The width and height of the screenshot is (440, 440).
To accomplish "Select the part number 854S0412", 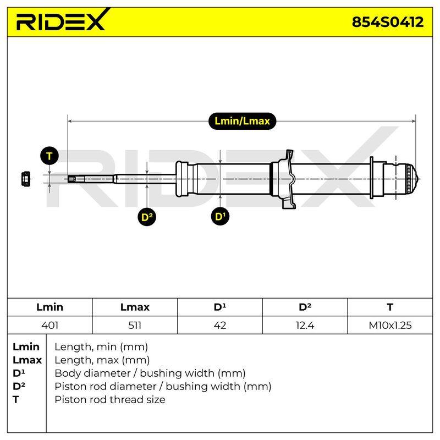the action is point(388,22).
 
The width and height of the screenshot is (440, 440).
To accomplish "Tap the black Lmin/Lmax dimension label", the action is point(242,121).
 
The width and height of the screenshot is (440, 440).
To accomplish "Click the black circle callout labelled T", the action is point(50,156).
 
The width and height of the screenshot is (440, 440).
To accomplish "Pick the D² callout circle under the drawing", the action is point(147,217).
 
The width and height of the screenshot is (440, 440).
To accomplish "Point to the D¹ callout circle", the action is point(220,216).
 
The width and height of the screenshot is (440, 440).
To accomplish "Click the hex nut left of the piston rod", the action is point(26,179).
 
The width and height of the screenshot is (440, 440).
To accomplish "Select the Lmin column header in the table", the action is point(50,307).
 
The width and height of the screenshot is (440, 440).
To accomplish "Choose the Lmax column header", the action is point(135,307).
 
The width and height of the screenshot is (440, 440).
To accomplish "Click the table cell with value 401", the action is point(50,325).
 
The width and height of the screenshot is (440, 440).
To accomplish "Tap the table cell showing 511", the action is point(135,325).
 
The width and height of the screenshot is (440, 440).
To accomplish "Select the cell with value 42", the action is point(219,325).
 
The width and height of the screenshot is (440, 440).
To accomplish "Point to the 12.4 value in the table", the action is point(305,325).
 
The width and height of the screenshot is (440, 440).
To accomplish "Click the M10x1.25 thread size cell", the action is point(390,325).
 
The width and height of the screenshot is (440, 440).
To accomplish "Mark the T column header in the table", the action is point(390,307).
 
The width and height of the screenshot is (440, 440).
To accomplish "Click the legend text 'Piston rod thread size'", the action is point(109,399).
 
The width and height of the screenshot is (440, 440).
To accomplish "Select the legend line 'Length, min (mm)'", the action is point(101,347).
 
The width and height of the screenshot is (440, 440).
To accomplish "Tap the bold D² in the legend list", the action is point(19,386).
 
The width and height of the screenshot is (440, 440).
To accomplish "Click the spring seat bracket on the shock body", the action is point(290,179).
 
